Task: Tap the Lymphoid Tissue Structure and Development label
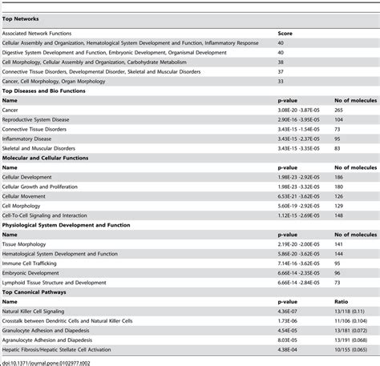(54, 282)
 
